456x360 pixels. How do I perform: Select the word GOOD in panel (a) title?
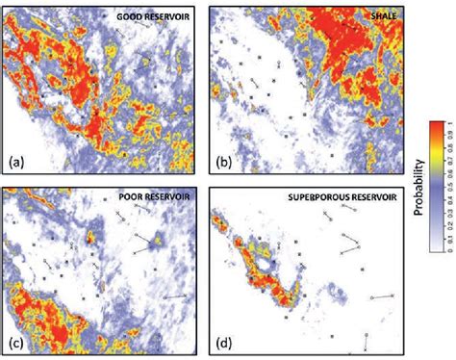tap(129, 17)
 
